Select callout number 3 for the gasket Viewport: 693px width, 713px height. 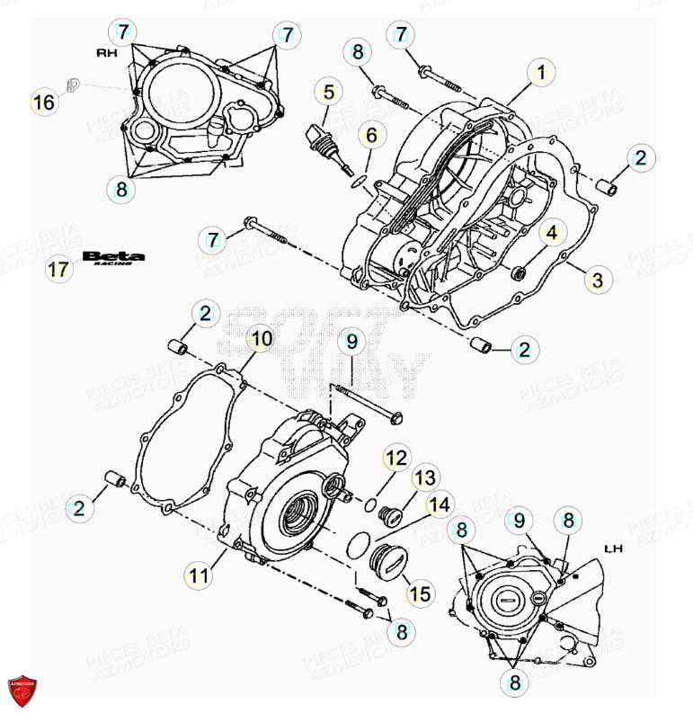click(596, 280)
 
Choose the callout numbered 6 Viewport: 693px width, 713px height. click(370, 136)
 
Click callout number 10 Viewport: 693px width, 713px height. click(261, 339)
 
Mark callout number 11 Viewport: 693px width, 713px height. click(200, 575)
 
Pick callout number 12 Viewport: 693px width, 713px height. click(396, 459)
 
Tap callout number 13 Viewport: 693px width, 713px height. click(425, 477)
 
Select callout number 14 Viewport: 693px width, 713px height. click(440, 505)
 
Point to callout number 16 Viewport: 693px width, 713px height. click(43, 102)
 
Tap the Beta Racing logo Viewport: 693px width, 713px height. click(113, 258)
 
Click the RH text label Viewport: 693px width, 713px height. click(106, 53)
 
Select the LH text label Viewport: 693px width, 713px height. click(614, 548)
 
